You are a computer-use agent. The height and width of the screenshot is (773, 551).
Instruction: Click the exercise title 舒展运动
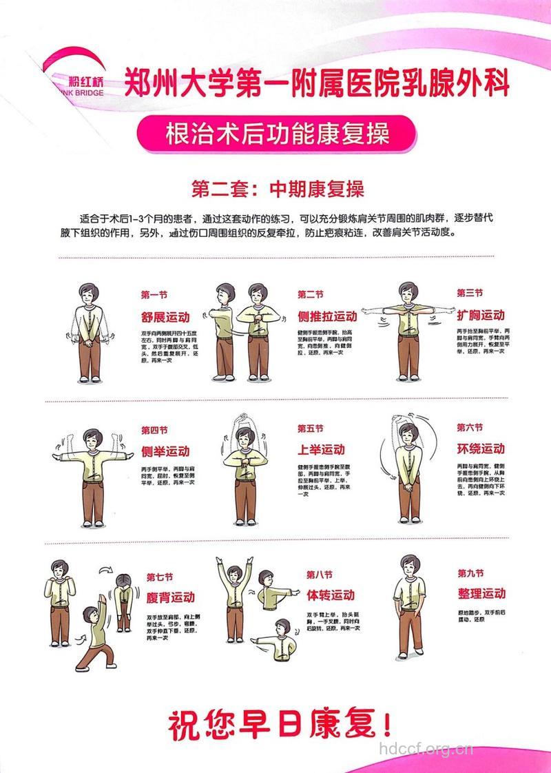pyautogui.click(x=165, y=317)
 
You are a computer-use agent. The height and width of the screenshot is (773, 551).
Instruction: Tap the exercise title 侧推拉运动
pyautogui.click(x=327, y=317)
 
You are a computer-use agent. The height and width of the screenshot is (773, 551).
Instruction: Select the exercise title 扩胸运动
pyautogui.click(x=481, y=315)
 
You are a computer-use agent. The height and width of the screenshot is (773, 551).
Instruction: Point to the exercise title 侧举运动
pyautogui.click(x=165, y=451)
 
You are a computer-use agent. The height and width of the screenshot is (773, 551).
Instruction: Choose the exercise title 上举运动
pyautogui.click(x=321, y=449)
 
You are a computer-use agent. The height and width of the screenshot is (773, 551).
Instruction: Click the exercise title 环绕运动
pyautogui.click(x=481, y=449)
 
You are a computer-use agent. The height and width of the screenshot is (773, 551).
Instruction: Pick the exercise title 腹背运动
pyautogui.click(x=171, y=597)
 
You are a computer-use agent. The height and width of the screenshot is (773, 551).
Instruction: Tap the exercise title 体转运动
pyautogui.click(x=331, y=595)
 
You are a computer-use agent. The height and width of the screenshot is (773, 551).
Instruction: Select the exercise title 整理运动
pyautogui.click(x=482, y=593)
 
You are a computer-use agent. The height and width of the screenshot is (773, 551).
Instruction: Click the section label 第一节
pyautogui.click(x=154, y=295)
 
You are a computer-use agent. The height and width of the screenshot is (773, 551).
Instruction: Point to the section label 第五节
pyautogui.click(x=310, y=429)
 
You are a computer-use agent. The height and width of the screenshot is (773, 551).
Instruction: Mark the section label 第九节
pyautogui.click(x=470, y=573)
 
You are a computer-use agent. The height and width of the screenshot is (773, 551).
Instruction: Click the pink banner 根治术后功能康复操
pyautogui.click(x=277, y=133)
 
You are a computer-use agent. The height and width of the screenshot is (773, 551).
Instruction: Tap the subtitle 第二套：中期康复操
pyautogui.click(x=277, y=189)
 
